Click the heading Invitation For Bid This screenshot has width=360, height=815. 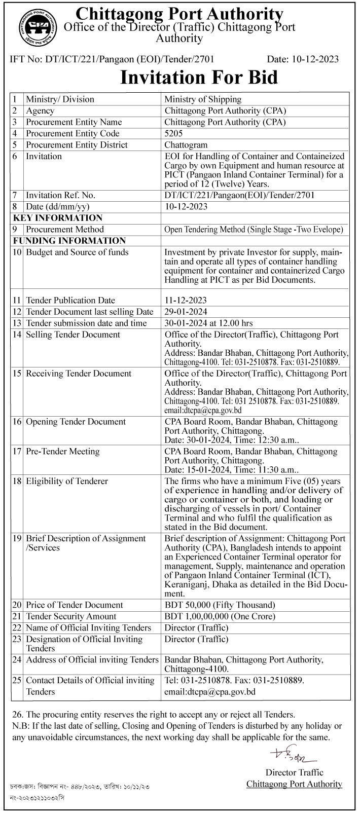(x=199, y=77)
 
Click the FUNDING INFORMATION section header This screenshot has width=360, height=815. (x=69, y=241)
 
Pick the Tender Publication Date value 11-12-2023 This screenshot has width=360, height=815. (x=186, y=300)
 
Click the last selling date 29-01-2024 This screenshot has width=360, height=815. (x=186, y=312)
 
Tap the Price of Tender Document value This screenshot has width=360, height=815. (x=220, y=605)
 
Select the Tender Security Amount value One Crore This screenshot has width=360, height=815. (x=220, y=616)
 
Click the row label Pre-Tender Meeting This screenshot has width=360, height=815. (x=62, y=451)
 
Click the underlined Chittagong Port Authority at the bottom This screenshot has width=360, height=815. (x=294, y=784)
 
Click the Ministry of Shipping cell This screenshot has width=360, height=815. (x=203, y=99)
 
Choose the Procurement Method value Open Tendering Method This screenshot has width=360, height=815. (x=254, y=230)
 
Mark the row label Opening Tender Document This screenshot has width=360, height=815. (x=76, y=421)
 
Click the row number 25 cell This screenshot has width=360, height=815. (x=17, y=680)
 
